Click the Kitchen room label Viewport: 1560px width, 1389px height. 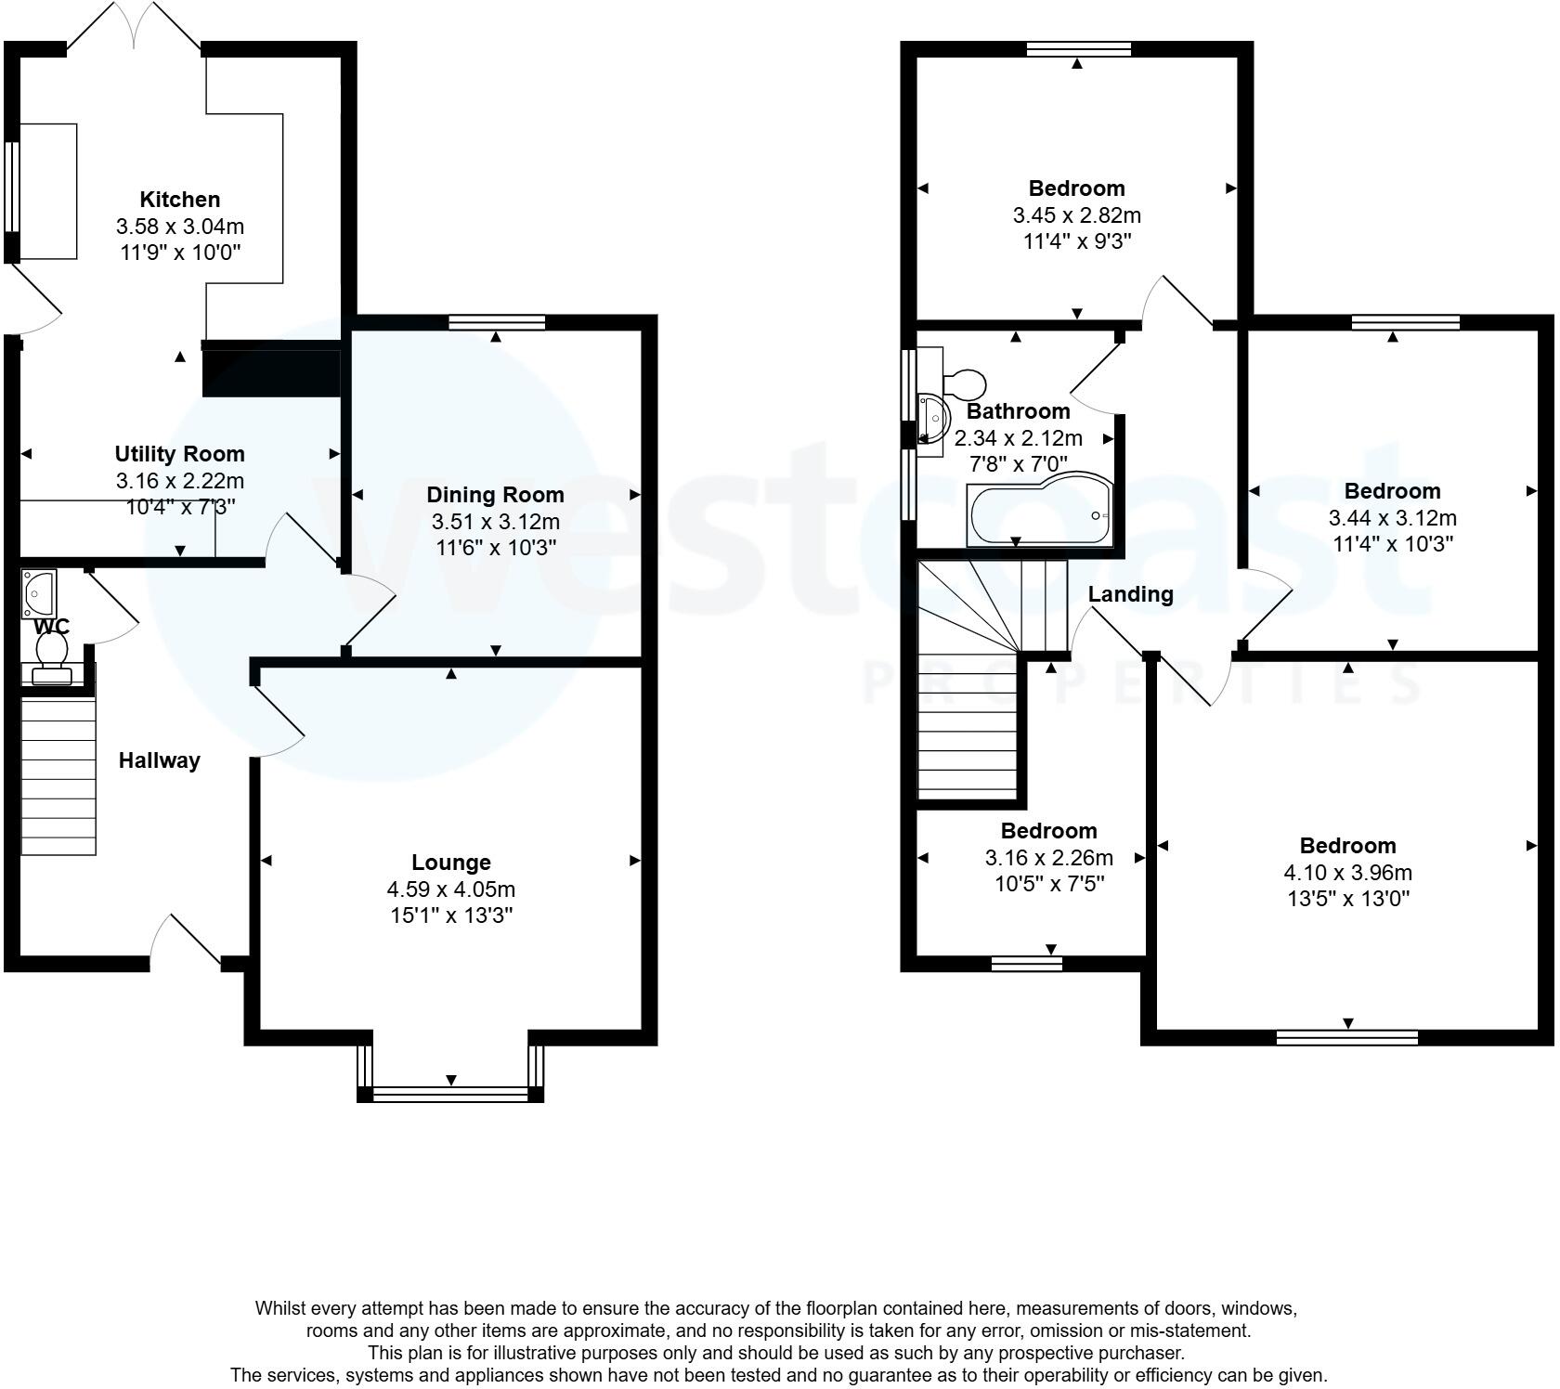tap(180, 200)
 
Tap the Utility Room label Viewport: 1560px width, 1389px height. tap(180, 454)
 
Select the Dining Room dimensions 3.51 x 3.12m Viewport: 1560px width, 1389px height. tap(495, 522)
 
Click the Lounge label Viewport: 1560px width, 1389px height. tap(451, 863)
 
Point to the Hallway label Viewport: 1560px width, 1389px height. tap(159, 760)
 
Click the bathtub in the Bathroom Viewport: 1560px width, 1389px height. tap(1037, 513)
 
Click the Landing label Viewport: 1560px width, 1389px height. tap(1130, 594)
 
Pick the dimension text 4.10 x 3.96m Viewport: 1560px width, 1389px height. tap(1347, 873)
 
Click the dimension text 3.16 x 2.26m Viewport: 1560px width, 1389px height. tap(1048, 858)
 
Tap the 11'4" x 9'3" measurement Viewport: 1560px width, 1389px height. tap(1076, 241)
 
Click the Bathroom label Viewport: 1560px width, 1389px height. tap(1018, 411)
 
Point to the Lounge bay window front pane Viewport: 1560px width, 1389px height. tap(450, 1094)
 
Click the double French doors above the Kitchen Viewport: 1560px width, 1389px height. tap(134, 28)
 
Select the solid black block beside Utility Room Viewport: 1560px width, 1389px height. tap(270, 369)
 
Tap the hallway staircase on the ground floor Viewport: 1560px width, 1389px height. tap(58, 777)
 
